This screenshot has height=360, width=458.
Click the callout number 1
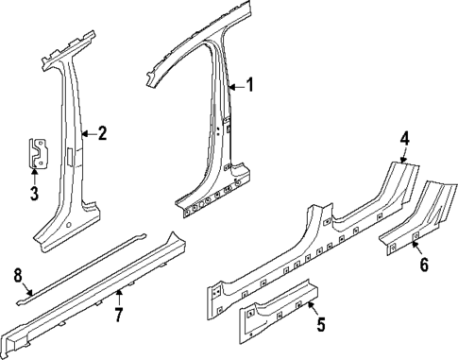249,85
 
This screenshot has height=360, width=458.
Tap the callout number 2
102,133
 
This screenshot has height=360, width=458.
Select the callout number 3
34,195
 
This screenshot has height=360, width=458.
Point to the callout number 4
403,138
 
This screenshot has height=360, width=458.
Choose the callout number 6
423,266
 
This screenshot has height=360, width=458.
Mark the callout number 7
119,314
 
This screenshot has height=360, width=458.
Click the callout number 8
17,275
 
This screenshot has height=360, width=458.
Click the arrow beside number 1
236,86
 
